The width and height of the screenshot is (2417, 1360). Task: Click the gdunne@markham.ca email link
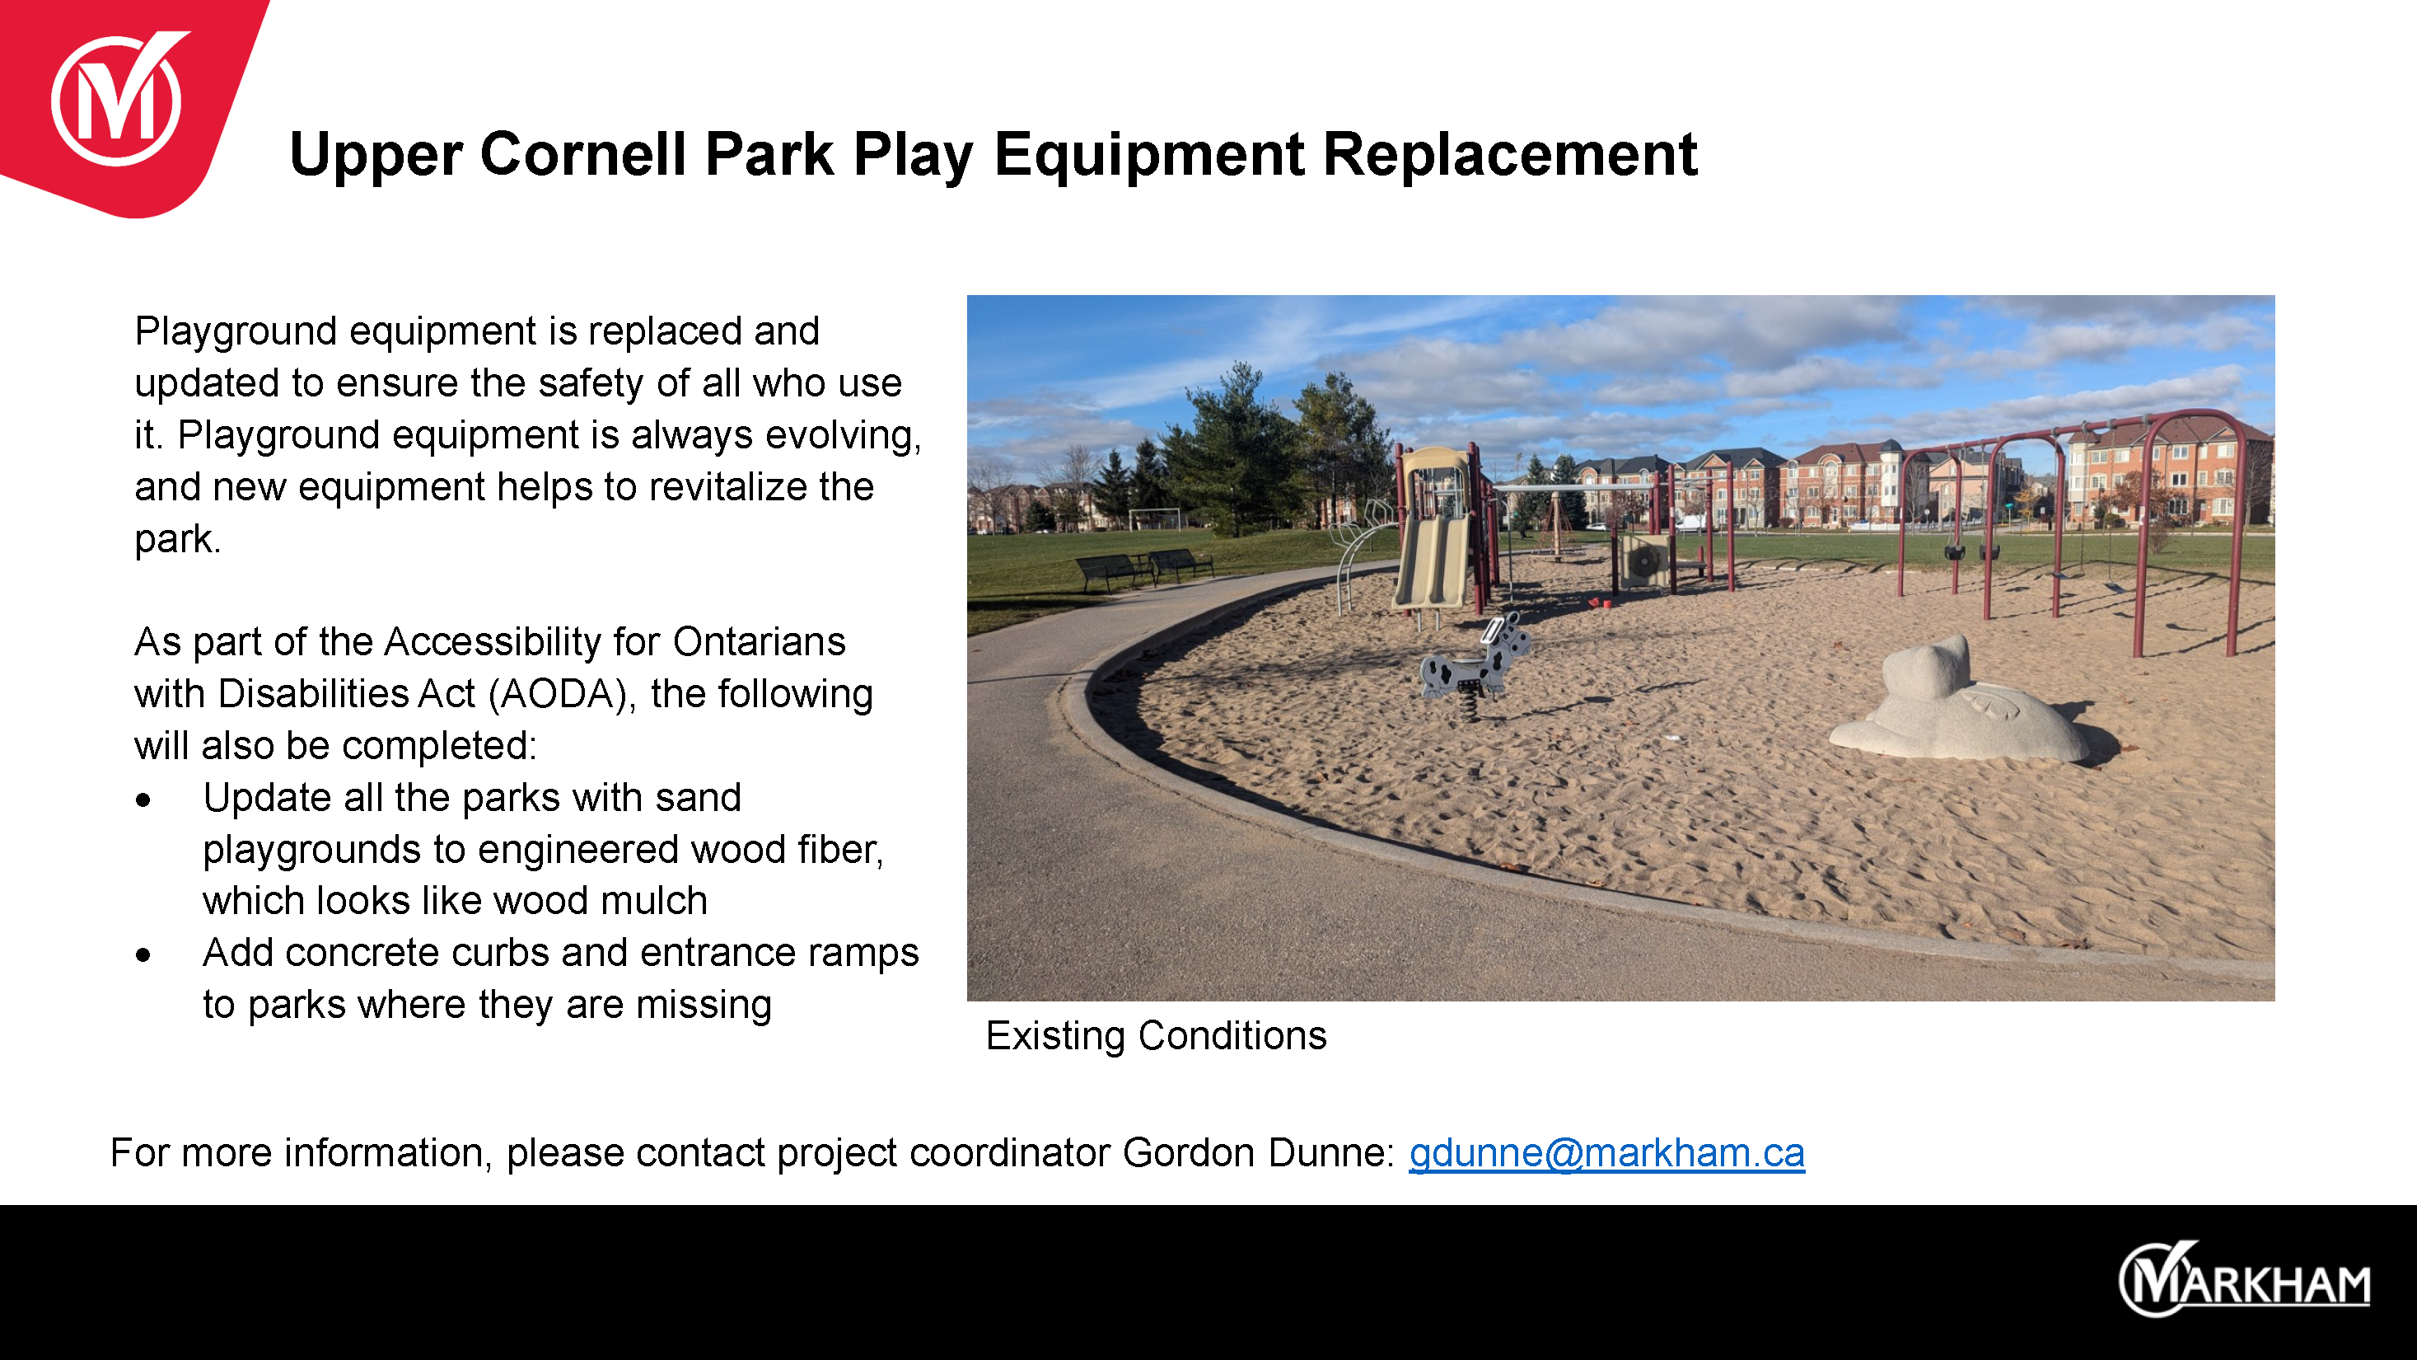point(1606,1152)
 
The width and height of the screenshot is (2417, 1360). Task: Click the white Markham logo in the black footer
point(2244,1278)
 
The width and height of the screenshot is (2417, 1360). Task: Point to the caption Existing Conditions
point(1156,1035)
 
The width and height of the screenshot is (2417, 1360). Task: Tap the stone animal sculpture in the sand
point(1961,704)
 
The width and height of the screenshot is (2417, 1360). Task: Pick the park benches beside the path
point(1143,569)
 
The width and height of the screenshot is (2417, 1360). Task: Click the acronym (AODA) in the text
point(559,695)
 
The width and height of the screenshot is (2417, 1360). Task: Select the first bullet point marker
point(143,800)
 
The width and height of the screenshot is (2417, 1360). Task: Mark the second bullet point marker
point(143,955)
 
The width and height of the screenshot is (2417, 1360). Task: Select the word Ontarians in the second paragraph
point(759,642)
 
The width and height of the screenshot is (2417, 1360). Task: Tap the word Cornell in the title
point(582,154)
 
